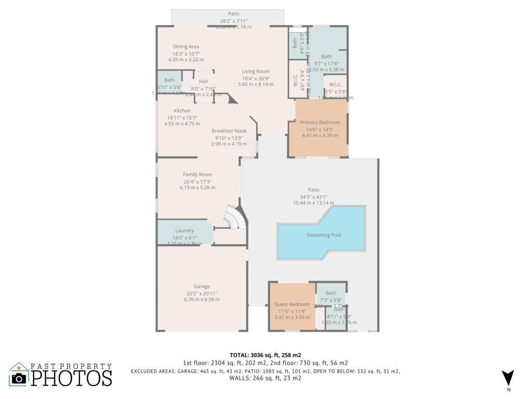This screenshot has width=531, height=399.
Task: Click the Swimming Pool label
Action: [324, 235]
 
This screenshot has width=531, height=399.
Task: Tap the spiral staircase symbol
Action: [233, 217]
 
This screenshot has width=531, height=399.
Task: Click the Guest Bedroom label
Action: [292, 304]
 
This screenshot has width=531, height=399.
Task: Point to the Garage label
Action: [202, 286]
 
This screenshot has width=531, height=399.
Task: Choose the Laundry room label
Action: [185, 231]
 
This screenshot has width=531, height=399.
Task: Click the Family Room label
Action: [198, 175]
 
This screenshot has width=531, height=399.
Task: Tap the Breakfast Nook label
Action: [229, 131]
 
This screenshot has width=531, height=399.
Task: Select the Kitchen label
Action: [182, 111]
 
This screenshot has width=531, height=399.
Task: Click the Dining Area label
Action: [186, 47]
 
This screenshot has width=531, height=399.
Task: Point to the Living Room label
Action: [256, 71]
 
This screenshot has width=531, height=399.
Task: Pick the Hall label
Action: [203, 81]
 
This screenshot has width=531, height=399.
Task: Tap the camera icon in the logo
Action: [19, 378]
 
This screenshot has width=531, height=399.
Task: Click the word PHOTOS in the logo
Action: [71, 378]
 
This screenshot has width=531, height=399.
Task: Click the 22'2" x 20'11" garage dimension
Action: [202, 293]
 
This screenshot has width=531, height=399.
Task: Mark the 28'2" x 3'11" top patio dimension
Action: [233, 21]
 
